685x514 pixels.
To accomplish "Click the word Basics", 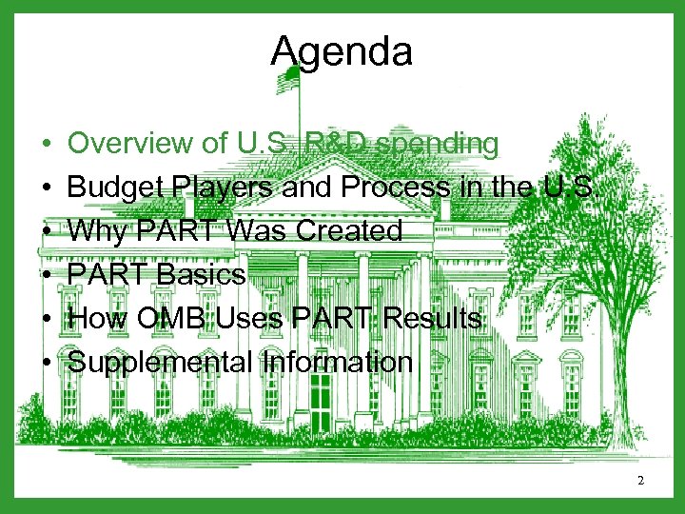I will (202, 275).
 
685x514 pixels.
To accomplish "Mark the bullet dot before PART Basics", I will (47, 276).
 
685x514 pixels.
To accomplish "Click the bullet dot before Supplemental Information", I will (47, 363).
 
